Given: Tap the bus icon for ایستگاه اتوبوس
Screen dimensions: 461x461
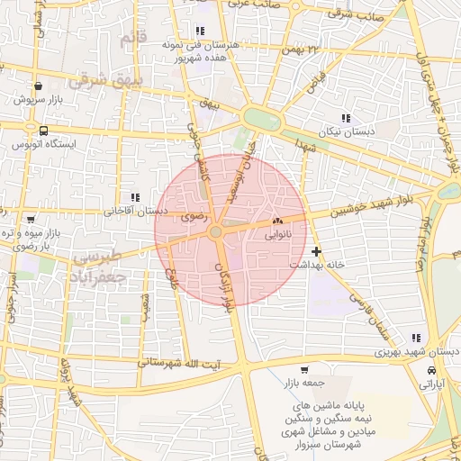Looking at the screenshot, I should (x=43, y=131).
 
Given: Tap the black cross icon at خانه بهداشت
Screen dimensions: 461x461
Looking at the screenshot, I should (x=315, y=251).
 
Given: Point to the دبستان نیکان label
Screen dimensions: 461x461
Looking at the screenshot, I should (x=346, y=131).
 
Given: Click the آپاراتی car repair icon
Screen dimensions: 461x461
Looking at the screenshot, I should (x=433, y=371).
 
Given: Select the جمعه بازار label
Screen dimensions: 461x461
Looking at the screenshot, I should (x=303, y=383).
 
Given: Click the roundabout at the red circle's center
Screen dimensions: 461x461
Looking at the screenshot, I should (x=216, y=232).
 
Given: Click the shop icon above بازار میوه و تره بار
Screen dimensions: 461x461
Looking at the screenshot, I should (x=32, y=219).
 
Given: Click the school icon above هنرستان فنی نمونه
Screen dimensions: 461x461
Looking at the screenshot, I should (x=199, y=31).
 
